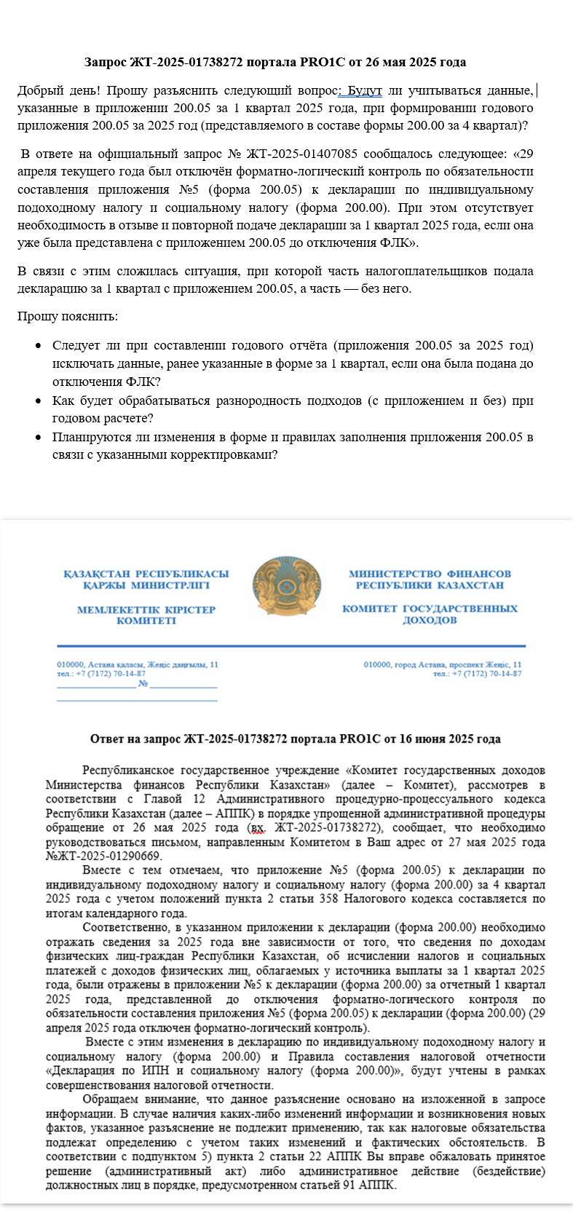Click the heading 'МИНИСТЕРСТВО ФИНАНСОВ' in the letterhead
pos(430,574)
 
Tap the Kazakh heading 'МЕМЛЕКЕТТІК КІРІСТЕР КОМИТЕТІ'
pos(146,615)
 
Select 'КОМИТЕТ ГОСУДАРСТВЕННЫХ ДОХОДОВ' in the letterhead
pos(430,614)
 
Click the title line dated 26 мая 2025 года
pos(274,62)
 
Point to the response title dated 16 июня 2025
pos(295,739)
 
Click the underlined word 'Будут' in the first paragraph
pos(364,90)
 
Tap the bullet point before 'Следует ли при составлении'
pos(37,346)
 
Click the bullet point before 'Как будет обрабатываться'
pos(37,401)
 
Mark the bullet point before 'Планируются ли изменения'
pos(37,438)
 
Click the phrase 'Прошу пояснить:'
pos(68,316)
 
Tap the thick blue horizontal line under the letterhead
pos(291,646)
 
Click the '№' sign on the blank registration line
pos(143,684)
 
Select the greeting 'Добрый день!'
pos(58,90)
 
